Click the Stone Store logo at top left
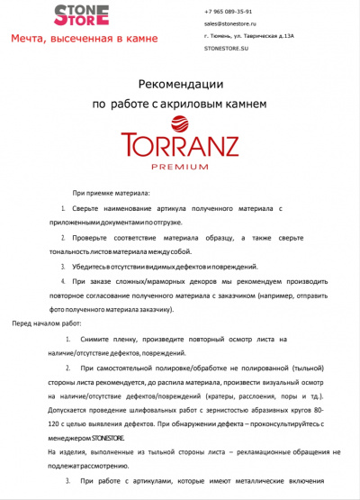[82, 14]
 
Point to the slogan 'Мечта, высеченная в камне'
[85, 39]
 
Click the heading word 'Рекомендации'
[180, 84]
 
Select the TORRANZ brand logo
[180, 147]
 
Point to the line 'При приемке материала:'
[112, 194]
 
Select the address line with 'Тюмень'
[237, 36]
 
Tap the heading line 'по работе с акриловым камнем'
[180, 105]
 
